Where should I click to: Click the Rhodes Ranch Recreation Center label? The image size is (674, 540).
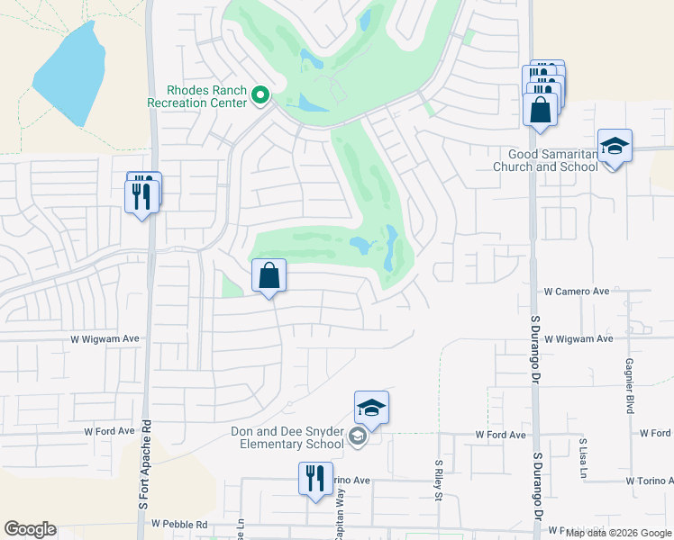(197, 96)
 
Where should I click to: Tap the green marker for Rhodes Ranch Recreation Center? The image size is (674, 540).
(260, 94)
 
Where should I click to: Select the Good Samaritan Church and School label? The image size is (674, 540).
(546, 160)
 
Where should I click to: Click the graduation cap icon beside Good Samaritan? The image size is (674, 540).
(615, 147)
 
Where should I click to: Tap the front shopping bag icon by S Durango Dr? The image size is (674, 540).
(540, 111)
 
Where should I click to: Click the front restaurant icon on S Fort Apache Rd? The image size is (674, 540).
(141, 196)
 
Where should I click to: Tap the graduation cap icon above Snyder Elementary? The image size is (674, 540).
(371, 409)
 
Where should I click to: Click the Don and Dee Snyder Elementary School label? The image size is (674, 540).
(281, 437)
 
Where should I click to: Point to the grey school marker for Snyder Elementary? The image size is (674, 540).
(358, 438)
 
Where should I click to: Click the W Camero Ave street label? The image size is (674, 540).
(577, 292)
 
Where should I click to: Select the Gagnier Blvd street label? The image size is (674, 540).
(628, 384)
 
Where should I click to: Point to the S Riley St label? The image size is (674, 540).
(438, 476)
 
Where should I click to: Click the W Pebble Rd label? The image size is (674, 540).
(179, 524)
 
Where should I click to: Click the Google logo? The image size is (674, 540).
(30, 529)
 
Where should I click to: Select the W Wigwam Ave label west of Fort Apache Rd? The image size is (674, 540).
(105, 338)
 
